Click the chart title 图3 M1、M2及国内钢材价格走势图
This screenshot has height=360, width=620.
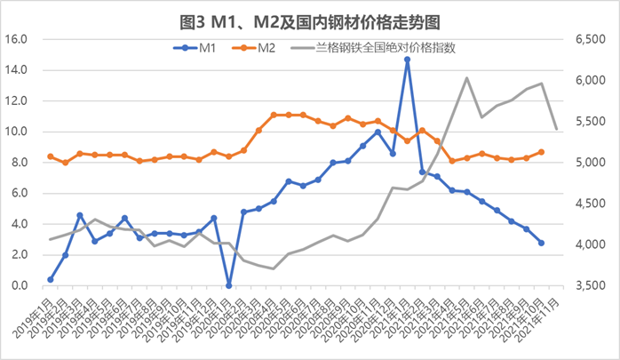pyautogui.click(x=310, y=18)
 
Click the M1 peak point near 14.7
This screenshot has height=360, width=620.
pyautogui.click(x=407, y=60)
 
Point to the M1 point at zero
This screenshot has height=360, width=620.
pyautogui.click(x=228, y=285)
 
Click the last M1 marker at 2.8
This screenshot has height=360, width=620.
pyautogui.click(x=541, y=243)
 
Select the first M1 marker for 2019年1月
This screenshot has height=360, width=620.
pyautogui.click(x=51, y=279)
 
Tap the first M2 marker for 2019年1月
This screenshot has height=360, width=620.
pyautogui.click(x=51, y=156)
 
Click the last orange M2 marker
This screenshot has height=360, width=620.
pyautogui.click(x=541, y=152)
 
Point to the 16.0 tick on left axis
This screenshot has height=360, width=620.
pyautogui.click(x=19, y=39)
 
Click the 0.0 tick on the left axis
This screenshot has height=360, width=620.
pyautogui.click(x=21, y=286)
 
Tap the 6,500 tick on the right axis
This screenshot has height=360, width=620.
pyautogui.click(x=587, y=39)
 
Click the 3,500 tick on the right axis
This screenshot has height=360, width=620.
pyautogui.click(x=587, y=286)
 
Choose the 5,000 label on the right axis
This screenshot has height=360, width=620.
pyautogui.click(x=587, y=163)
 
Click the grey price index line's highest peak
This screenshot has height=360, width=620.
pyautogui.click(x=466, y=77)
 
